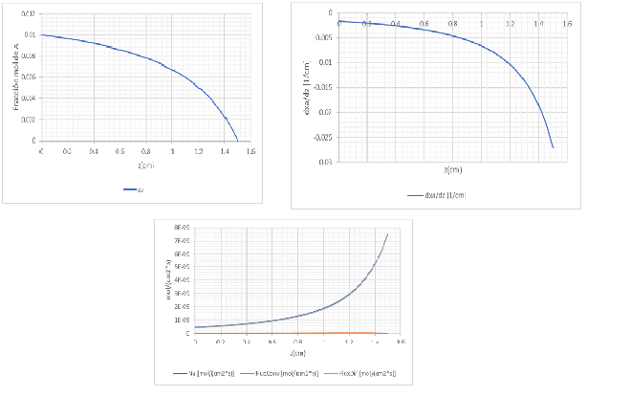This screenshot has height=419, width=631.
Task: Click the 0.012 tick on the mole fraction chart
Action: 30,13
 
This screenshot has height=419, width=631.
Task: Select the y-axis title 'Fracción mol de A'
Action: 17,77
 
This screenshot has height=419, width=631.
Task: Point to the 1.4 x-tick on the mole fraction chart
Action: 225,151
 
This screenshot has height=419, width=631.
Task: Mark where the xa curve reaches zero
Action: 237,141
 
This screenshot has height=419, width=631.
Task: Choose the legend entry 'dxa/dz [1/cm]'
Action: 435,196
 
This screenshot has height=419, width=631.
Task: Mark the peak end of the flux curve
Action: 387,232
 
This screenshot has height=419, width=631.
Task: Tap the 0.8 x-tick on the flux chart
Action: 298,342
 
